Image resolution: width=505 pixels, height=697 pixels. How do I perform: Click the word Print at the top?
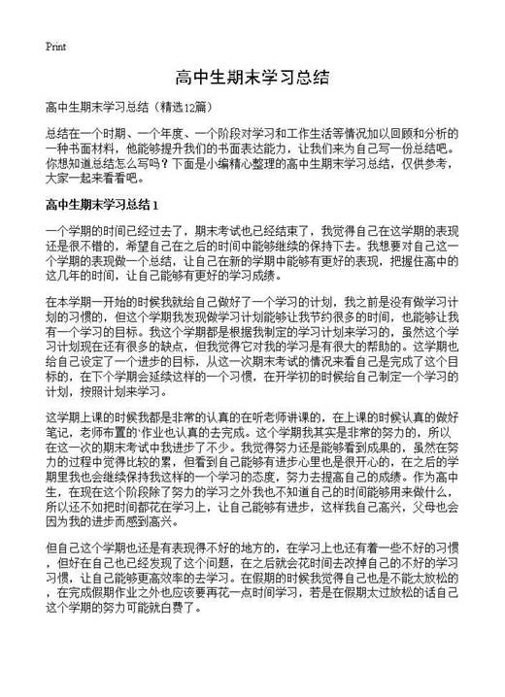(55, 46)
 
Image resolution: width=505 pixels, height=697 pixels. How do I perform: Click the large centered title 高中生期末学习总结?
(252, 78)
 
